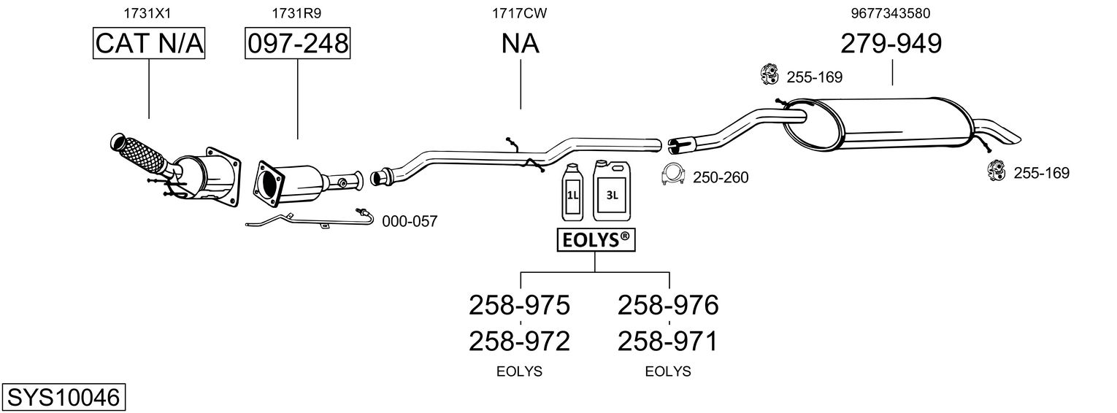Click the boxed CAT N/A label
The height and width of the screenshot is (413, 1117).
(149, 44)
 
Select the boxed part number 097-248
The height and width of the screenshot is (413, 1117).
(297, 44)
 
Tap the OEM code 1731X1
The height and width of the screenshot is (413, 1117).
(149, 13)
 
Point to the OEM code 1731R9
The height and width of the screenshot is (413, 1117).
(296, 13)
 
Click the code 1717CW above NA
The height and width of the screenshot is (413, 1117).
(520, 13)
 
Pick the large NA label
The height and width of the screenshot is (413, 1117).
(520, 44)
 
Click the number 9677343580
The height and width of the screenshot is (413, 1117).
(891, 13)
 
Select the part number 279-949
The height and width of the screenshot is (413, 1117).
(891, 44)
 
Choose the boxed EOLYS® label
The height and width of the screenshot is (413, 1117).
(594, 239)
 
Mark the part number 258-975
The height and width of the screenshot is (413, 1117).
(519, 305)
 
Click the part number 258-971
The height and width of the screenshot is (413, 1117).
(668, 341)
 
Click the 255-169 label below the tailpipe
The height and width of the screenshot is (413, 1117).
(1041, 173)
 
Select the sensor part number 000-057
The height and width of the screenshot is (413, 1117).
(410, 221)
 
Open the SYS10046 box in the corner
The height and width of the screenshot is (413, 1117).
(63, 398)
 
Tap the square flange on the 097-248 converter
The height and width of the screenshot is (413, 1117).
(269, 186)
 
